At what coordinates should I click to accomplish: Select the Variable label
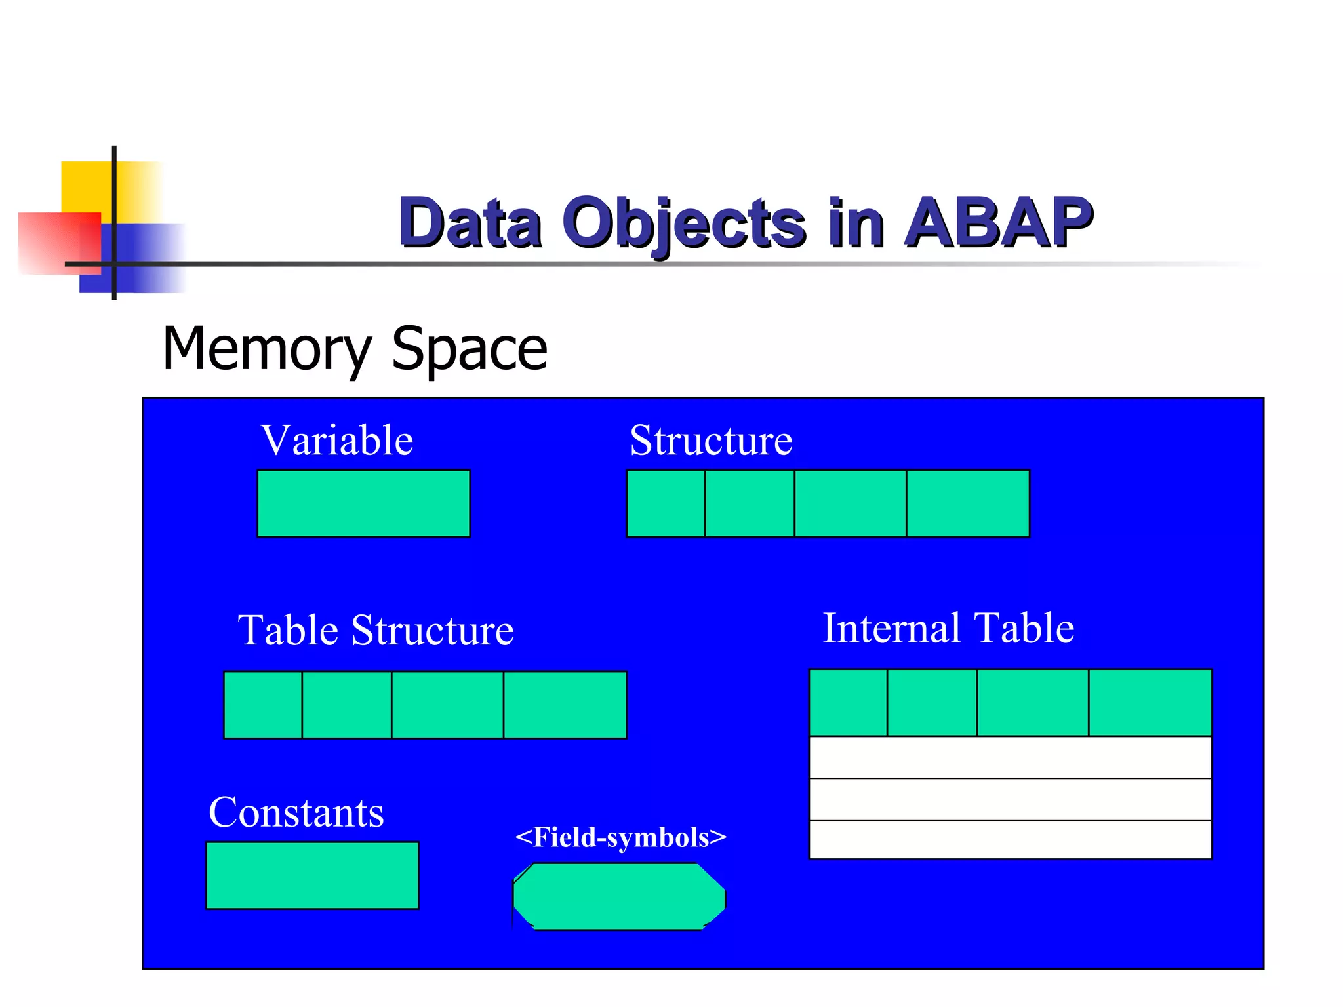tap(337, 440)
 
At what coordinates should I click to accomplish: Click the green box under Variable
tap(363, 503)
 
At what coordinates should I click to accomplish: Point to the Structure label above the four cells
tap(711, 440)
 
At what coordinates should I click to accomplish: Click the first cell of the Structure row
tap(666, 503)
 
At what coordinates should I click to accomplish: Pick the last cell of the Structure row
tap(968, 503)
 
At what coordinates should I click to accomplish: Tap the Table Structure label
tap(375, 630)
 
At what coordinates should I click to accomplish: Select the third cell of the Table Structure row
tap(447, 705)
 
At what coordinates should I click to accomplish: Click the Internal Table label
tap(948, 628)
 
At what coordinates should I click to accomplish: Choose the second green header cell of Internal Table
tap(932, 703)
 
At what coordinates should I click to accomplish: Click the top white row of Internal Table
tap(1010, 757)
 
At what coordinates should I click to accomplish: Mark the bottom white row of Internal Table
tap(1010, 839)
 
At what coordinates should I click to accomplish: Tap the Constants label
tap(296, 812)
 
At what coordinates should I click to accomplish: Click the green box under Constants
tap(312, 875)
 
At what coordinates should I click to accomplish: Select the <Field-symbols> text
tap(620, 837)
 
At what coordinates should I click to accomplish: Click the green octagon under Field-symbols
tap(619, 896)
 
